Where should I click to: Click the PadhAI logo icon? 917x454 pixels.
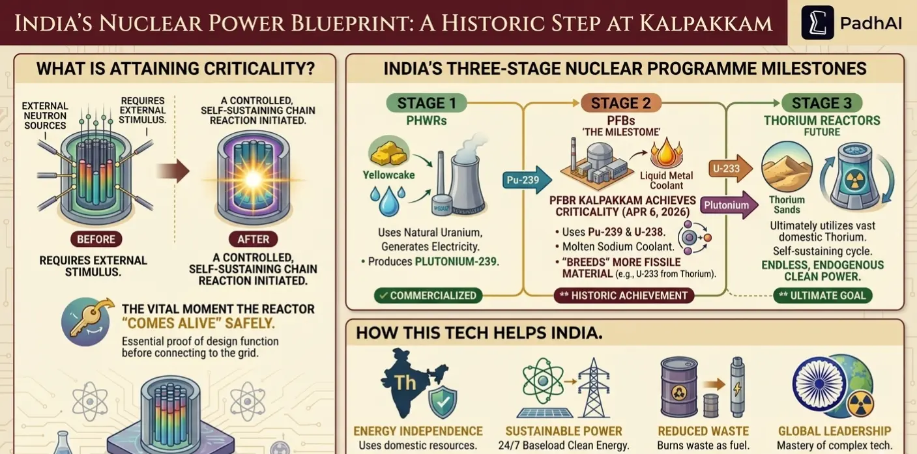817,23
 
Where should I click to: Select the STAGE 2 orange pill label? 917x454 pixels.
620,103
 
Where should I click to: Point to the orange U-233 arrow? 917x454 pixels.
729,168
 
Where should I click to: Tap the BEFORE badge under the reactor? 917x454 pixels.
96,239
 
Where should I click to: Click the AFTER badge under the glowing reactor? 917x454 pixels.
253,239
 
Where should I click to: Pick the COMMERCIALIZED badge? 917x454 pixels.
428,295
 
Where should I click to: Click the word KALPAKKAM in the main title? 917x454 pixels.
705,23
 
